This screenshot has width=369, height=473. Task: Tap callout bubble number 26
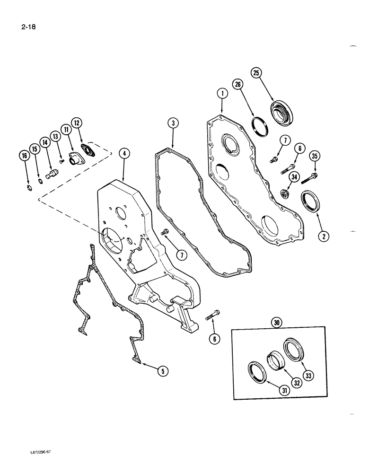237,85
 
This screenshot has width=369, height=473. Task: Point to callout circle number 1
220,95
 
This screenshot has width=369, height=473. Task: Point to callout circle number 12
77,123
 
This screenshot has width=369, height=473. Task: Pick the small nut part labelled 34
285,193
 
